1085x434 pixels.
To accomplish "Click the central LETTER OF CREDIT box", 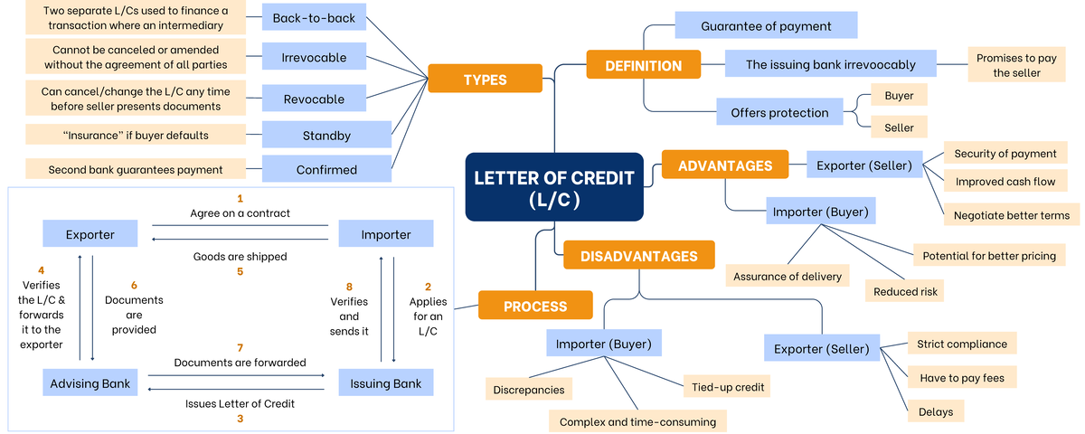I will point(554,187).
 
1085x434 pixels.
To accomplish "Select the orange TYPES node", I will point(485,79).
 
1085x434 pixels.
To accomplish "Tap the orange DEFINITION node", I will point(643,65).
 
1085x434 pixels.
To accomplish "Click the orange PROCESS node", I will point(535,306).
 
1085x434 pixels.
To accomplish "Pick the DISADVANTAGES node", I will point(638,255).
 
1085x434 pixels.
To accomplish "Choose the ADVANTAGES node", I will point(725,165).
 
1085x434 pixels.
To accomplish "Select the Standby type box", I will point(326,136).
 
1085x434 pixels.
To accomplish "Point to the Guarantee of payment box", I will point(766,25).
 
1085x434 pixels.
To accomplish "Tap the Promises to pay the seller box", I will point(1016,65).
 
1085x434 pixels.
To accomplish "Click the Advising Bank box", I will point(90,382).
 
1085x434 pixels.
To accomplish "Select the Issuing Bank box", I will point(386,382).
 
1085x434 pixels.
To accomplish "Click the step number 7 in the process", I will point(240,347).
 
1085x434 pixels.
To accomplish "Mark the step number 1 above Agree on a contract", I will point(240,197).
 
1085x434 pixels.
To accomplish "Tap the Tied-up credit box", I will point(729,387).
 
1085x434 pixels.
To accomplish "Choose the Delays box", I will point(935,410).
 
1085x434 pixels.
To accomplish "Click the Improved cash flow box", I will point(1005,181).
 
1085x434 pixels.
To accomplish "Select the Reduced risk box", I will point(905,290).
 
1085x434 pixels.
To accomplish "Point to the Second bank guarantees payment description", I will point(136,169).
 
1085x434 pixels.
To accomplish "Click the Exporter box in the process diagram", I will point(90,234).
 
